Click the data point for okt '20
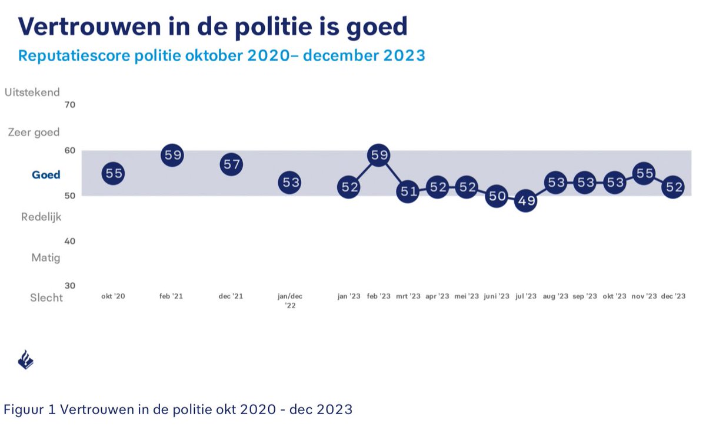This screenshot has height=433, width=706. coord(113,173)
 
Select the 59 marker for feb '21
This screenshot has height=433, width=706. coord(172,155)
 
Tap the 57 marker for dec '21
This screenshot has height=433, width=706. coord(231,164)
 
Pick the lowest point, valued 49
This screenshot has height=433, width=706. coord(526,200)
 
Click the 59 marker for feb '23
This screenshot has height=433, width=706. coord(378,155)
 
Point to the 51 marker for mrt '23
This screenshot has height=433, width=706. coord(408,191)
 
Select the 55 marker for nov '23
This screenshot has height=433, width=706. coord(644,173)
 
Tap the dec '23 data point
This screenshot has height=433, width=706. coord(673,187)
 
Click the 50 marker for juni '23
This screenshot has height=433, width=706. coord(497,196)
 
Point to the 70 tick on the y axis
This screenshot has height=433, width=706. coord(70,105)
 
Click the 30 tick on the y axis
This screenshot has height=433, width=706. coord(70,286)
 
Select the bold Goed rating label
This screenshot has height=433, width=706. coord(46,175)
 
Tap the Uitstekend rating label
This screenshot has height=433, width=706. coord(32,92)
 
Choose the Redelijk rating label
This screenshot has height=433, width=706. coord(41,217)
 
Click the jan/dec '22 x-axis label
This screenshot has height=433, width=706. coord(290,300)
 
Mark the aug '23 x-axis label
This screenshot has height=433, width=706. coord(555,296)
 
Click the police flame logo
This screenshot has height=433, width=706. coord(26,359)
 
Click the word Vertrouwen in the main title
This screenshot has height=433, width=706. coord(90,27)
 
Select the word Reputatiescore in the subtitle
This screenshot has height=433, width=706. coord(74,55)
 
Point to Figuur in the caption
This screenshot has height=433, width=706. coord(24,409)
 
